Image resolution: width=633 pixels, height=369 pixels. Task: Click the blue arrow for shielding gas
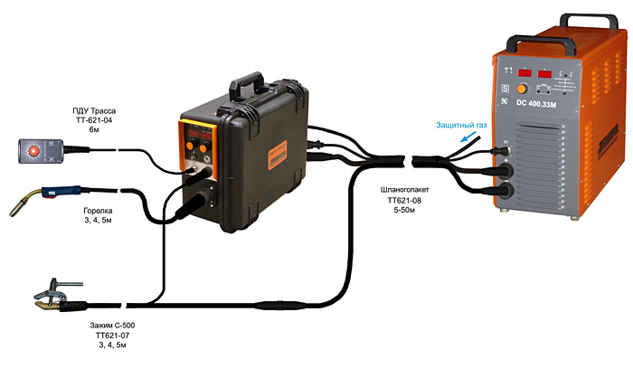point(469,140)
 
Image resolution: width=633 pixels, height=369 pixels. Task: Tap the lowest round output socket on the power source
point(505,191)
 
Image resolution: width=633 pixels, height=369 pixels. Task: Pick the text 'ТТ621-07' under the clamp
point(112,335)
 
